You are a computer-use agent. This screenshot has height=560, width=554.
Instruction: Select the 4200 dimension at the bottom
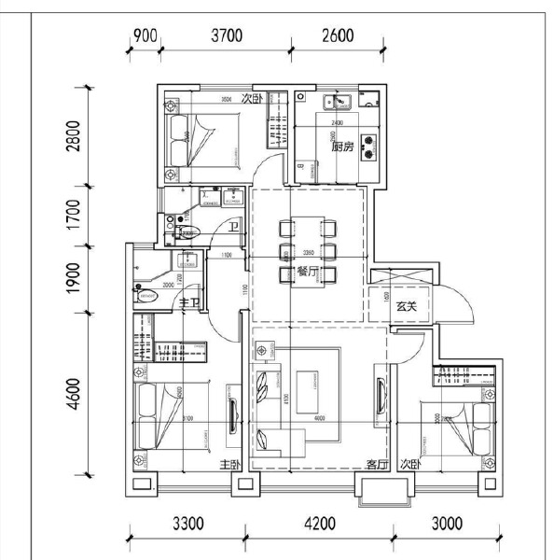pyautogui.click(x=319, y=523)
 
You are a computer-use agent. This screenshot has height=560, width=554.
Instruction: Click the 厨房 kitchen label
pyautogui.click(x=341, y=147)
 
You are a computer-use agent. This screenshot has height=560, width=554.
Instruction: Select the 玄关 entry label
pyautogui.click(x=406, y=306)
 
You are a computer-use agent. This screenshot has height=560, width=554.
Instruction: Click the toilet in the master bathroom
pyautogui.click(x=146, y=296)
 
